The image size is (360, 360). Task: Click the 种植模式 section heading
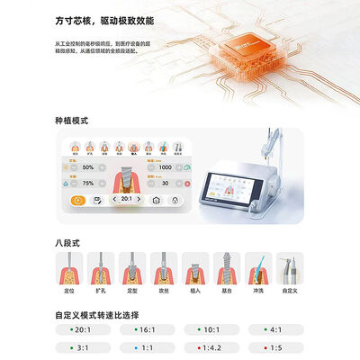73,120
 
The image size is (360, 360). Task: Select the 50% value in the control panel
88,167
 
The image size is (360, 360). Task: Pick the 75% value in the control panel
88,183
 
